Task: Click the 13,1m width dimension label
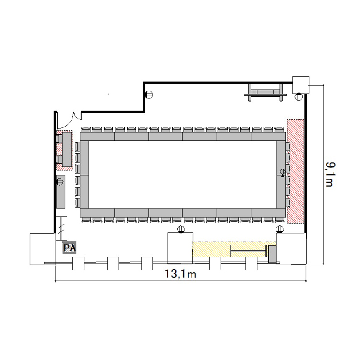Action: (x=180, y=274)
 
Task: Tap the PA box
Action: (x=70, y=248)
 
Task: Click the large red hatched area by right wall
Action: (x=295, y=171)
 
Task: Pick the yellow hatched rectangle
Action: (x=234, y=249)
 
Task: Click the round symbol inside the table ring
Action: (x=282, y=172)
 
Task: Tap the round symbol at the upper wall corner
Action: (x=149, y=95)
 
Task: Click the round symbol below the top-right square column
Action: (x=299, y=96)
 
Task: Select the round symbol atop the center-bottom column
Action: (x=181, y=229)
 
